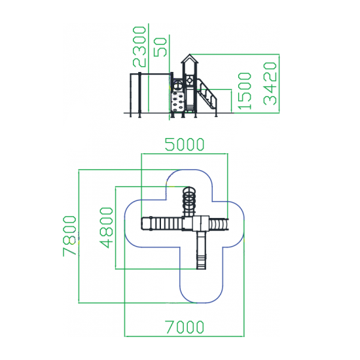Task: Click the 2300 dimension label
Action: click(139, 47)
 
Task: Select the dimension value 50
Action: click(160, 47)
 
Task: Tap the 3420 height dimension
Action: click(270, 84)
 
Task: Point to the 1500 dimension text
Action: click(245, 91)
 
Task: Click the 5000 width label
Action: click(185, 145)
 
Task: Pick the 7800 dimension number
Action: click(69, 236)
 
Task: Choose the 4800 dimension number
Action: click(107, 228)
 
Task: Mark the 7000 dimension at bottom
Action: click(185, 327)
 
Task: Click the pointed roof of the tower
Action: click(189, 58)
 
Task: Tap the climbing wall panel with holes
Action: click(177, 101)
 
